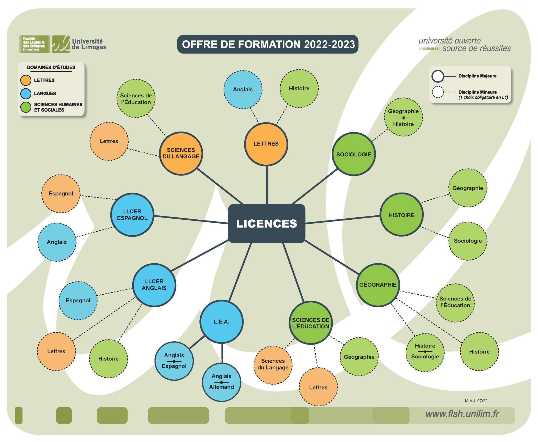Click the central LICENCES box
[266, 223]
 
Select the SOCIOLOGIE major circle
[353, 154]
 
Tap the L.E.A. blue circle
[221, 321]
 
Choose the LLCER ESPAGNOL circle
[132, 215]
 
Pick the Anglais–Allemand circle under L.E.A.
[221, 382]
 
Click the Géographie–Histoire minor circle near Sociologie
[403, 117]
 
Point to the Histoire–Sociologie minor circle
[425, 351]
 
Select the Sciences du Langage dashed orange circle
[273, 364]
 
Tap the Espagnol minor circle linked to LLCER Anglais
[78, 300]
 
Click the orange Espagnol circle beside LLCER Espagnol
[61, 194]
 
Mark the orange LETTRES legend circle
[26, 80]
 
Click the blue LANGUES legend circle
[26, 93]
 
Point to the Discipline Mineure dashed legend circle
[438, 92]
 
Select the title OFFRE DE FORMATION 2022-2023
[268, 44]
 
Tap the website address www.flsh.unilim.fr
[462, 414]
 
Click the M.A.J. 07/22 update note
[476, 401]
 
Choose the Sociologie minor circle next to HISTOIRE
[468, 241]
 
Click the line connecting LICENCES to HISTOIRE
[343, 219]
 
